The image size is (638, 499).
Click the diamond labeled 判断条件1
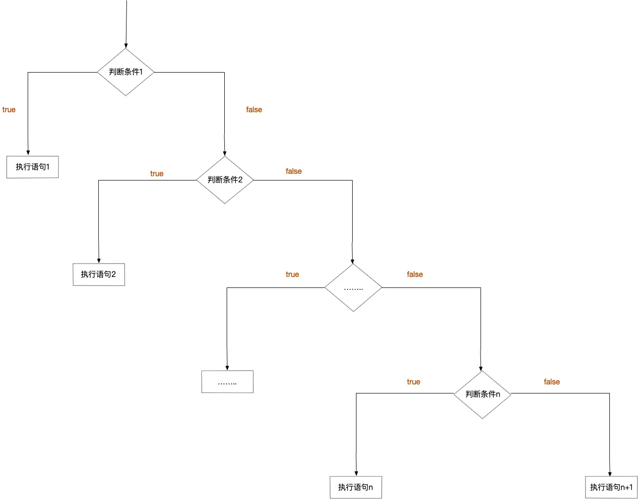(x=126, y=72)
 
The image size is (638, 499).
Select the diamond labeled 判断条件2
(x=225, y=180)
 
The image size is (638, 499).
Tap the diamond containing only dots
(x=353, y=288)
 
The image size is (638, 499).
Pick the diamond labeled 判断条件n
(x=482, y=394)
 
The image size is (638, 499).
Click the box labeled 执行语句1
(x=32, y=167)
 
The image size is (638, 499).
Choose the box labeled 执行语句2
(x=99, y=275)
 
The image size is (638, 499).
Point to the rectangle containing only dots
(x=227, y=382)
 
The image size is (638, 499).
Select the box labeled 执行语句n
(x=356, y=488)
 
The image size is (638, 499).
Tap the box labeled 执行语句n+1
(x=611, y=488)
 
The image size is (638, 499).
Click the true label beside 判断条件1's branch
(x=9, y=110)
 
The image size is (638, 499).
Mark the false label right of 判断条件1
(x=254, y=110)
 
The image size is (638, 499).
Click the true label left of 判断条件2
(x=157, y=174)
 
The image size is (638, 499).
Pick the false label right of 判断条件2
(x=293, y=171)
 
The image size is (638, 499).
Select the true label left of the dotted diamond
(x=292, y=275)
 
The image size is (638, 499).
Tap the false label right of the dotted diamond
(x=415, y=275)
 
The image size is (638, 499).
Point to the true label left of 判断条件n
(x=413, y=382)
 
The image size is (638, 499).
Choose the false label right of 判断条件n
(x=552, y=382)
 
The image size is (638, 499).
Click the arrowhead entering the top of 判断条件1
(x=126, y=46)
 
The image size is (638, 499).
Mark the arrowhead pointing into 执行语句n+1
(x=610, y=474)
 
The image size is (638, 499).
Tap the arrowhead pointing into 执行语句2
(x=99, y=261)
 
